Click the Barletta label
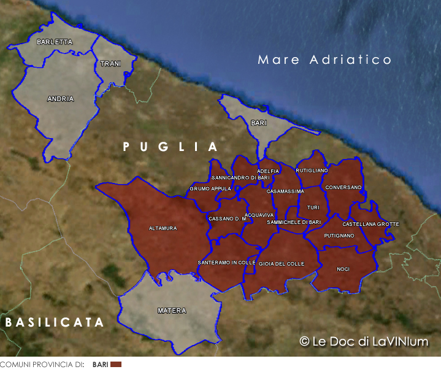[x=55, y=42]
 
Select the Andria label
[x=60, y=99]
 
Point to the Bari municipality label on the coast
[x=259, y=123]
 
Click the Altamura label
[x=163, y=228]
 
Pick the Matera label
[x=172, y=311]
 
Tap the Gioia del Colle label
[x=282, y=263]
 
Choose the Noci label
[x=343, y=269]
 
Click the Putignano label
[x=339, y=236]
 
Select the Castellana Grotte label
[x=370, y=224]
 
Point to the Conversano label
[x=343, y=187]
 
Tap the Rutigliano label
[x=312, y=170]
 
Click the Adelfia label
[x=268, y=171]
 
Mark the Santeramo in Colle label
[x=226, y=262]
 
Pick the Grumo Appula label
[x=210, y=188]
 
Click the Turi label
[x=313, y=207]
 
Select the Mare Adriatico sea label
[x=324, y=60]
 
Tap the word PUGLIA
[x=170, y=147]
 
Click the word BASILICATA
[x=55, y=322]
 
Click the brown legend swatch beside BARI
[x=116, y=365]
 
